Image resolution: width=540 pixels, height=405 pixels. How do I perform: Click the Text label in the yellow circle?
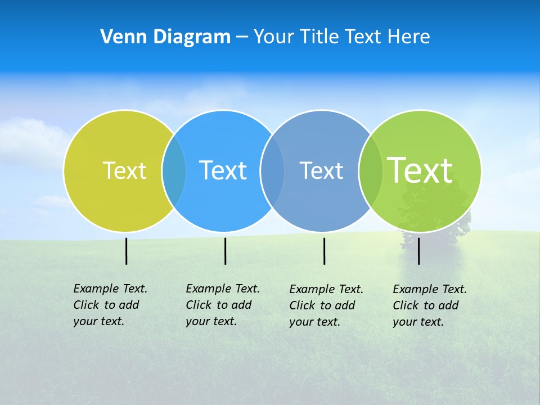tap(124, 170)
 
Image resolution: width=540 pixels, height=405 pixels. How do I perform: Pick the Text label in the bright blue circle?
tap(223, 170)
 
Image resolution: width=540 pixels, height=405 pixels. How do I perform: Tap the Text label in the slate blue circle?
tap(321, 170)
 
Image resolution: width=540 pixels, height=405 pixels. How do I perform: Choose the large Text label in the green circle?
tap(420, 170)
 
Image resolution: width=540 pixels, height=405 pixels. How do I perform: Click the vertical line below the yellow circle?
tap(126, 251)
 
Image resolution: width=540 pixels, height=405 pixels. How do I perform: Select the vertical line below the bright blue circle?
tap(225, 251)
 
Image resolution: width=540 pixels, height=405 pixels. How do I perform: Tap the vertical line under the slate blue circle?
tap(324, 251)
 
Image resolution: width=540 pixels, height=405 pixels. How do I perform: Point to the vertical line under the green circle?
tap(418, 251)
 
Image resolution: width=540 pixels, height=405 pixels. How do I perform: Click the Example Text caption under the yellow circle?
tap(110, 305)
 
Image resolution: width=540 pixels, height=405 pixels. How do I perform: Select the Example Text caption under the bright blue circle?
tap(222, 305)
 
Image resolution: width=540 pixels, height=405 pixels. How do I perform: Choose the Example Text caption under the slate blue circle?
tap(326, 305)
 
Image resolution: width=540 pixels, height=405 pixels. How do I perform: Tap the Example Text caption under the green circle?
tap(429, 305)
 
